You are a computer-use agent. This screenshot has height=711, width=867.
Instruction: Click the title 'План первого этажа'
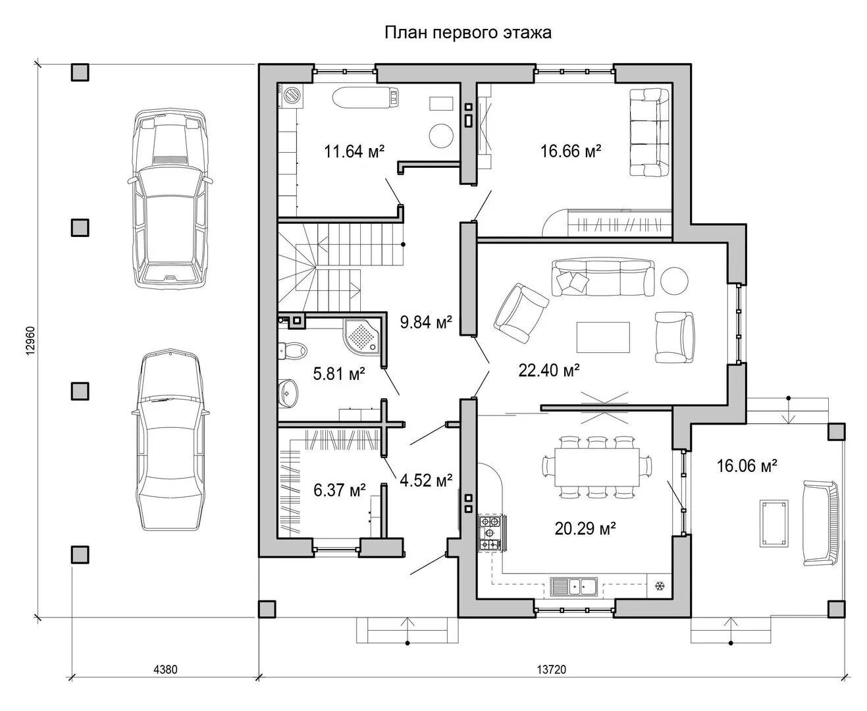tap(467, 33)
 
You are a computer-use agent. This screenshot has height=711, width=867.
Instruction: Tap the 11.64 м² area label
tap(354, 151)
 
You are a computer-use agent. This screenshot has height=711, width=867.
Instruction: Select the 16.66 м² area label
tap(570, 151)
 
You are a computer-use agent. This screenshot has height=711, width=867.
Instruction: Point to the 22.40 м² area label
tap(549, 370)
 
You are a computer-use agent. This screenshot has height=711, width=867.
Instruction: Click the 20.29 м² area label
tap(585, 529)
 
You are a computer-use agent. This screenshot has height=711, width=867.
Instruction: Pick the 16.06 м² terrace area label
tap(747, 465)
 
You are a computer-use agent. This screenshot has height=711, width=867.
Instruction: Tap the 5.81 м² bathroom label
tap(339, 374)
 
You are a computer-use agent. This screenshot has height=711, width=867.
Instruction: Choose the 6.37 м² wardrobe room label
tap(339, 490)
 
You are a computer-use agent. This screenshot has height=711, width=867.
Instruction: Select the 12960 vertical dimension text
tap(32, 341)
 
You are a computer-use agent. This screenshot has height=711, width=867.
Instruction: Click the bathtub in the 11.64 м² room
tap(365, 97)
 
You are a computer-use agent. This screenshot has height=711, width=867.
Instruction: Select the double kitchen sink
tap(573, 587)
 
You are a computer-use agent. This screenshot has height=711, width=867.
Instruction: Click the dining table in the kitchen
tap(597, 467)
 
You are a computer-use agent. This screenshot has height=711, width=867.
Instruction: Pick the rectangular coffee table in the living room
tap(602, 337)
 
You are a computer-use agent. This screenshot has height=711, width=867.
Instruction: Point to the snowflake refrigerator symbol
tap(660, 585)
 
